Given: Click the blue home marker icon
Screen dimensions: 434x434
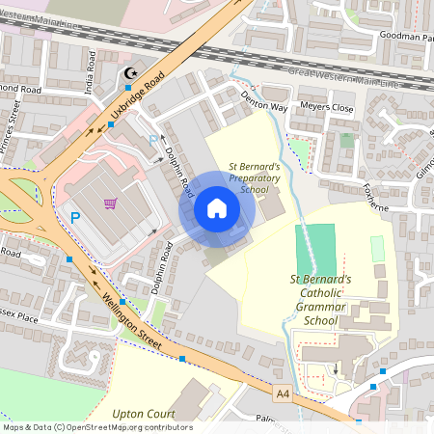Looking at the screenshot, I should click(217, 208).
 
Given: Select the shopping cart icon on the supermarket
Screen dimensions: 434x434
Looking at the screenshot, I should click(110, 203).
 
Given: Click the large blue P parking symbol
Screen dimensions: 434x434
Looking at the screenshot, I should click(75, 218).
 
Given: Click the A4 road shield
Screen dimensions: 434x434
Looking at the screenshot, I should click(283, 393).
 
